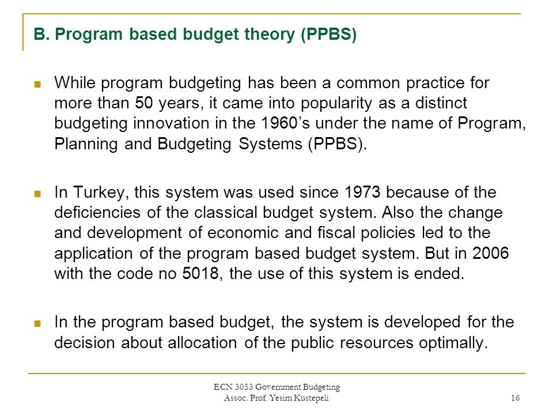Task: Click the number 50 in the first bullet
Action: coord(144,103)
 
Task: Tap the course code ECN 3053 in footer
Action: coord(237,387)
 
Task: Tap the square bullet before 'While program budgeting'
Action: coord(38,83)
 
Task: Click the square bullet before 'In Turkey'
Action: coord(38,192)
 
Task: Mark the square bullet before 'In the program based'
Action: coord(38,323)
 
